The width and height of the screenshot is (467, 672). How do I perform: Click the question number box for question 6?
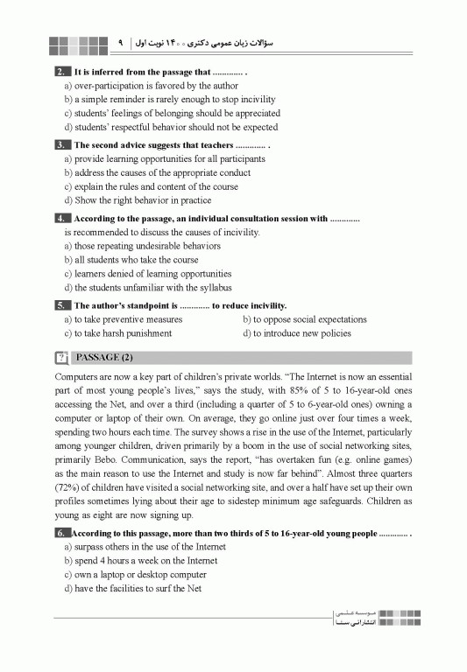60,532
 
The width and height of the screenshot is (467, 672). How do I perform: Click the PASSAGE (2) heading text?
105,357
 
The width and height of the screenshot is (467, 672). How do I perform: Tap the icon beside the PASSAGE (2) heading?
61,357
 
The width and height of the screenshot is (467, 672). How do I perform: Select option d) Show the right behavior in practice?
138,200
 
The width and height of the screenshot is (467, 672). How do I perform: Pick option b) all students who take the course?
131,260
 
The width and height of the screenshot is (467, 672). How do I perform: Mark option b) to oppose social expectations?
304,319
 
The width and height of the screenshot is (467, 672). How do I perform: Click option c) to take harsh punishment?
117,333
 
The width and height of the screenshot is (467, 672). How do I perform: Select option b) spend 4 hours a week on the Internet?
140,560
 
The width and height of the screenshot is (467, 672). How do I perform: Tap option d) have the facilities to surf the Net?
132,588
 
